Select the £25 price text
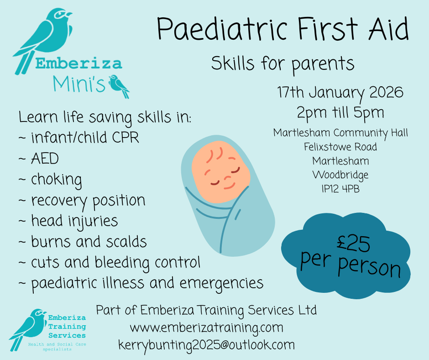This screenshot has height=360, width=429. pos(351,244)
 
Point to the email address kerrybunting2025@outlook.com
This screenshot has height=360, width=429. pos(206,344)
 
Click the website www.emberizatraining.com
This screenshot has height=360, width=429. pos(206,328)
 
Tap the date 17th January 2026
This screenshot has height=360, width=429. pos(340,92)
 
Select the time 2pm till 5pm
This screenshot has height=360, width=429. pos(340,112)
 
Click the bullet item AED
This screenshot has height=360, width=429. pos(45,159)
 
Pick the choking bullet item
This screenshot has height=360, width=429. pos(56,180)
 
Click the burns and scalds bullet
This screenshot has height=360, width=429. pos(89,242)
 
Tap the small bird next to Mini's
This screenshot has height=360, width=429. pos(119,86)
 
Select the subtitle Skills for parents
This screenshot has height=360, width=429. pos(283,64)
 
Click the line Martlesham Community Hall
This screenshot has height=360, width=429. pos(340,133)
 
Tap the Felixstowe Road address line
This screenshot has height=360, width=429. pos(340,147)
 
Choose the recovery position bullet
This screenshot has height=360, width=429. pos(88,201)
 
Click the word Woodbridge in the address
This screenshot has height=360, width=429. pos(340,175)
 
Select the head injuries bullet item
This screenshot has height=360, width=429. pos(74,221)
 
